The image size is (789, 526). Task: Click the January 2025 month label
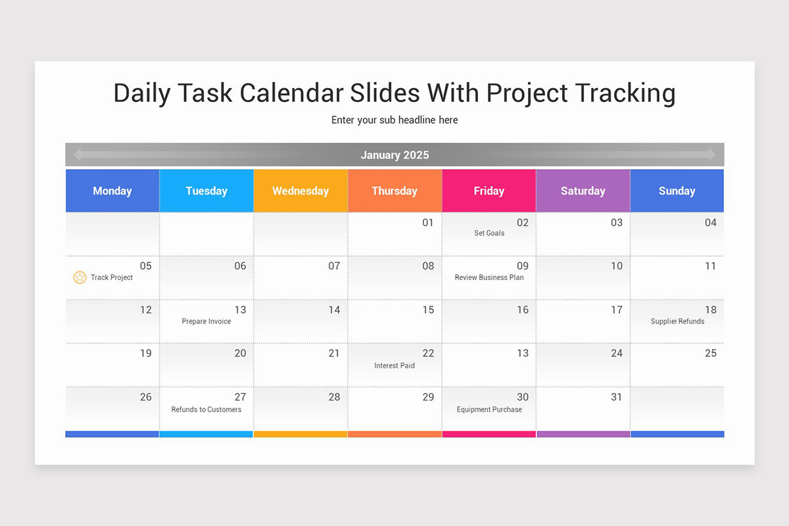(x=394, y=155)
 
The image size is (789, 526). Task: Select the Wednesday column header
(x=300, y=191)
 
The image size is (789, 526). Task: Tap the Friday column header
(x=489, y=191)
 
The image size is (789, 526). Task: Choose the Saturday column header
(x=583, y=191)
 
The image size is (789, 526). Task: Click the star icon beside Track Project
(x=80, y=277)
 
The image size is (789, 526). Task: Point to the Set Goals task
(x=489, y=233)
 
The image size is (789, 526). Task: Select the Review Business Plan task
(x=489, y=277)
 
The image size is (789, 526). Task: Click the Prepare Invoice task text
(x=206, y=322)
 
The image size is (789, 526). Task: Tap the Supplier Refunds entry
(x=677, y=322)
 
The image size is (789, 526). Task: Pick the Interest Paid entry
(x=394, y=366)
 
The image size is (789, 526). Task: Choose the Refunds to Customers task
(x=206, y=410)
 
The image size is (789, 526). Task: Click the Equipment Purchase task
(x=489, y=410)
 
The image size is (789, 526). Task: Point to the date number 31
(x=617, y=397)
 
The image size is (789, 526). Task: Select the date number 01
(x=428, y=223)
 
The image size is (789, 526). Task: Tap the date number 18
(x=711, y=310)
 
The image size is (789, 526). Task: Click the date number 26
(x=146, y=397)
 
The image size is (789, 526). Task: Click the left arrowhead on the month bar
(x=78, y=155)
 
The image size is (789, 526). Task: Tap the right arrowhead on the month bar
(x=712, y=155)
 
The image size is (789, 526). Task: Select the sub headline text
(x=394, y=120)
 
